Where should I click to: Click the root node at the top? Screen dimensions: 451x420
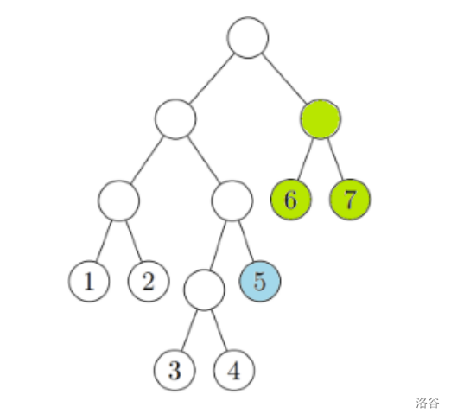click(248, 38)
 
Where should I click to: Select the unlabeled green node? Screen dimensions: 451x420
click(321, 119)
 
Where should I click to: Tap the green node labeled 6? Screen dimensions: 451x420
click(291, 200)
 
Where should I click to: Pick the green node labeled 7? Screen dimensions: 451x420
click(350, 200)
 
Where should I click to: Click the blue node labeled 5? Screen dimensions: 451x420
click(260, 281)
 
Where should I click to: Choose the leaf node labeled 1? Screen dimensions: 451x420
click(89, 281)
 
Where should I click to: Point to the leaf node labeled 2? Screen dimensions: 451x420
click(149, 281)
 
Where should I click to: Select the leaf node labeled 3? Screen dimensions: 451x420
click(175, 370)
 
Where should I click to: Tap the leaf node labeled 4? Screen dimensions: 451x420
click(234, 370)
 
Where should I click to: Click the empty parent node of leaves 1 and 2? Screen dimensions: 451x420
click(119, 200)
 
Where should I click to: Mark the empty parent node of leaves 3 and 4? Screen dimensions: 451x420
click(204, 290)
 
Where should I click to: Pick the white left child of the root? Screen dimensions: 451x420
click(175, 119)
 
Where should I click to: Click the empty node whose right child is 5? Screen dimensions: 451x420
click(232, 200)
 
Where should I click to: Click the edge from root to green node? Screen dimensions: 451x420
click(284, 79)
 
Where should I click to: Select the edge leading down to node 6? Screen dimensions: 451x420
click(305, 159)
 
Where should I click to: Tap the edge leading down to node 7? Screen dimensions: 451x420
click(335, 159)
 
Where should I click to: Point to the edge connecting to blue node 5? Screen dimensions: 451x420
click(246, 241)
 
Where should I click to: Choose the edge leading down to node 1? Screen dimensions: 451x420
click(104, 241)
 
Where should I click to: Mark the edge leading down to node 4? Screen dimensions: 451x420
click(219, 330)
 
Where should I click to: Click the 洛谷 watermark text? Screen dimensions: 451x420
click(428, 403)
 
